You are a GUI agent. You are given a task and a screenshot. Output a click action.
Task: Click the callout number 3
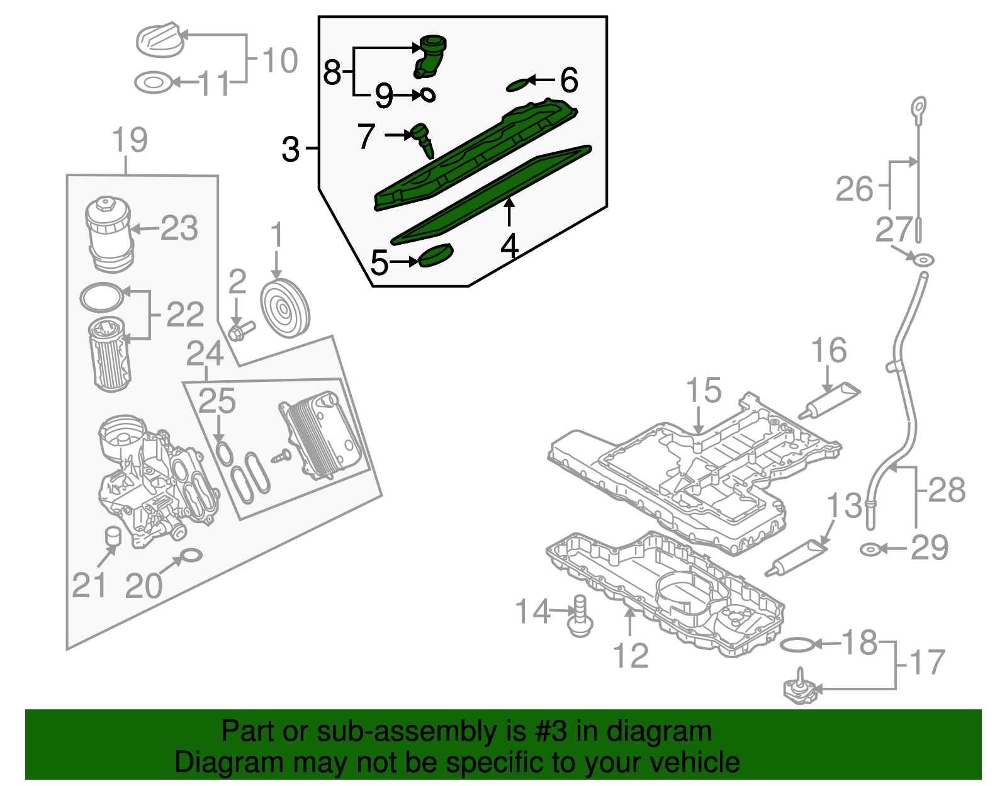click(290, 150)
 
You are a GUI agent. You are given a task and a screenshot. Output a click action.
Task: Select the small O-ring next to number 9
click(427, 95)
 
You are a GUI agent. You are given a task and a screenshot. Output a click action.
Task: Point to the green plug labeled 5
click(436, 255)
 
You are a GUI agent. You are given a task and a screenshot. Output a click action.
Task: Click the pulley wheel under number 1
click(285, 308)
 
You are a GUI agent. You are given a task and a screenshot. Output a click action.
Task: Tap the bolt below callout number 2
click(240, 330)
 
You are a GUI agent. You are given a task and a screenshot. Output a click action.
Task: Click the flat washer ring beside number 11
click(154, 82)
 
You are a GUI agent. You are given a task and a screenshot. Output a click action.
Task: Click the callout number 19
click(130, 140)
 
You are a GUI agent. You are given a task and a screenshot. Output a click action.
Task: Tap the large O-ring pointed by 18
click(796, 644)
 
